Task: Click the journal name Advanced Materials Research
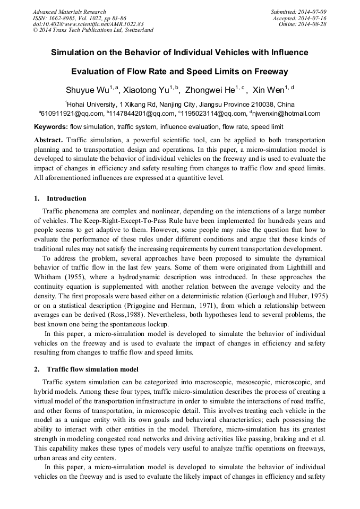point(70,12)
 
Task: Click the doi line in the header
point(88,24)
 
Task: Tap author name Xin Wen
point(268,90)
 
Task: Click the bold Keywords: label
point(51,127)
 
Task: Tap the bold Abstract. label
point(48,140)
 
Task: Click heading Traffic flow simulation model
point(93,369)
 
